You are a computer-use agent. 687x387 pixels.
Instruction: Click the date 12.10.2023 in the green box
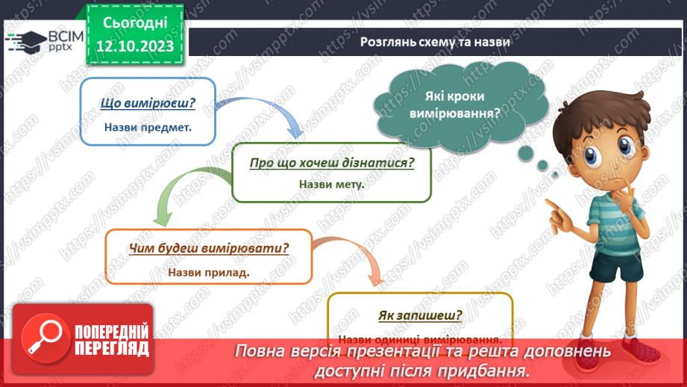[134, 46]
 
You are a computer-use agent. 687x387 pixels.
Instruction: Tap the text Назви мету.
[331, 184]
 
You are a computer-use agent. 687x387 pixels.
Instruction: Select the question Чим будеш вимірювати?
[209, 249]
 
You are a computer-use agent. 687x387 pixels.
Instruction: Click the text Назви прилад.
[209, 271]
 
